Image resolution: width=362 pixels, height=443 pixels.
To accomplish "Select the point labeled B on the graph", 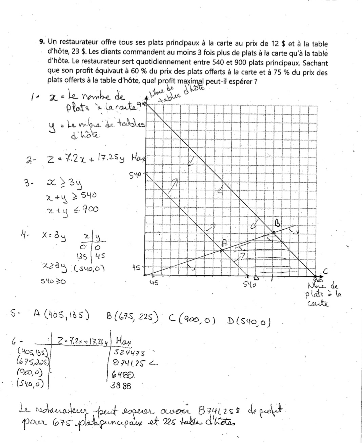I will [x=274, y=232].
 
